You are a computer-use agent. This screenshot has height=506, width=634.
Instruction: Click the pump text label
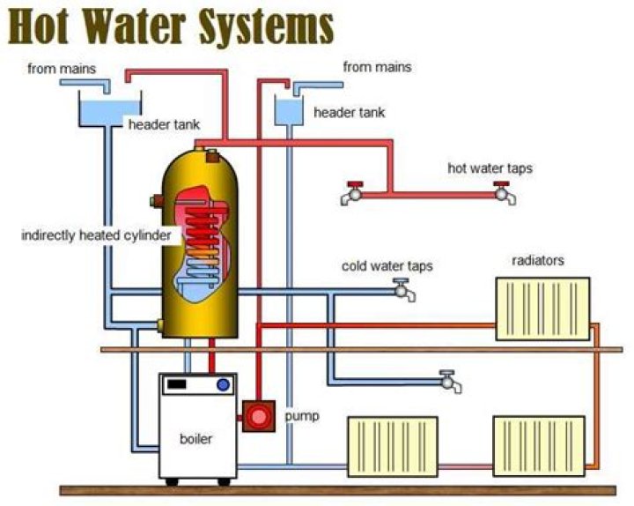(x=302, y=415)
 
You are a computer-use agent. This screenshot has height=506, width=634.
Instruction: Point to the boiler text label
(x=196, y=438)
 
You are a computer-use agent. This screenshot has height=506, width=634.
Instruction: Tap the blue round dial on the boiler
(x=223, y=384)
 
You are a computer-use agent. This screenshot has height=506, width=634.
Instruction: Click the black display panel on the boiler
(x=177, y=384)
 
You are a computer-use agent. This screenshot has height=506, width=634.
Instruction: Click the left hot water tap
(x=351, y=193)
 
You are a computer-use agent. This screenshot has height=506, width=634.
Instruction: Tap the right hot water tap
(x=505, y=192)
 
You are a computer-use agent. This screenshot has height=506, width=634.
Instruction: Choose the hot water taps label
(x=490, y=167)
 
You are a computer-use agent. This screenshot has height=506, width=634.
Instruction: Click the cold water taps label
(x=387, y=265)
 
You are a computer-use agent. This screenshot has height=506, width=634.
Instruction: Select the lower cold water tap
(x=451, y=381)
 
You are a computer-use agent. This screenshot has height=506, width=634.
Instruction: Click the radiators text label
(x=538, y=261)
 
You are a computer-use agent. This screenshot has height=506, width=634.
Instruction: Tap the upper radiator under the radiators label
(x=542, y=308)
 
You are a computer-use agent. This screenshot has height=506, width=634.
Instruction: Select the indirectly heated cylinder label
(x=100, y=235)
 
